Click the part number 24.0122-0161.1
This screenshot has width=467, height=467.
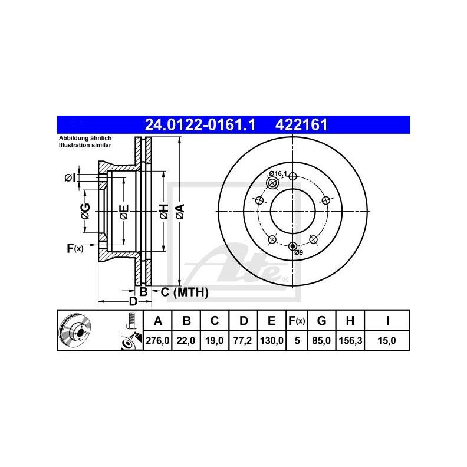click(200, 124)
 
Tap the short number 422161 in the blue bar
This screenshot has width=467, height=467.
click(301, 124)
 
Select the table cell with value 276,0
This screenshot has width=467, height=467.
click(157, 340)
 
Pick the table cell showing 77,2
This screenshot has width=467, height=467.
click(242, 340)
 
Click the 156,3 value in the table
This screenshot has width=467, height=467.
click(350, 340)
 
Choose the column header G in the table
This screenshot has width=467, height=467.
click(321, 320)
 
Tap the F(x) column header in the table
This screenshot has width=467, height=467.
click(297, 320)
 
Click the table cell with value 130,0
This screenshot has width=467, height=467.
click(272, 340)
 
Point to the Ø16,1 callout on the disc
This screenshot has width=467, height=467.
click(278, 173)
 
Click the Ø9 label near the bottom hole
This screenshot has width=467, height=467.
click(299, 252)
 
